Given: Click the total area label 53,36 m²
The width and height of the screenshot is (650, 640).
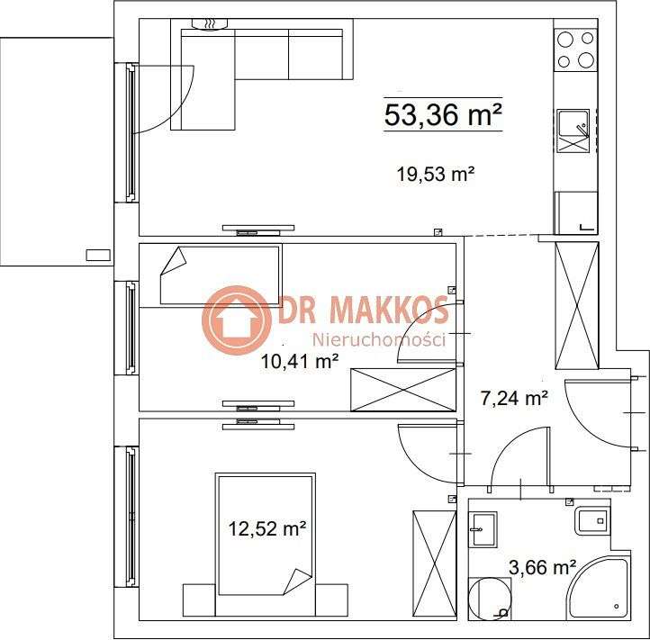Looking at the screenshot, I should coord(442,115).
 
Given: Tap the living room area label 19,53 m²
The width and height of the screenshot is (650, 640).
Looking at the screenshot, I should coord(436,175).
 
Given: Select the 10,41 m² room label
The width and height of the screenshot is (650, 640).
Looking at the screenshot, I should coord(300,362).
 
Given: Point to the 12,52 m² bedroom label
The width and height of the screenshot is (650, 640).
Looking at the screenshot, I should coord(266,529).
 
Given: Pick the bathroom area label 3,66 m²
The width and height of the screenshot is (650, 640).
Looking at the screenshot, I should coord(542,567).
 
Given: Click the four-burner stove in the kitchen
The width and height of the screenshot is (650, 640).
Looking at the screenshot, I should coord(575,50).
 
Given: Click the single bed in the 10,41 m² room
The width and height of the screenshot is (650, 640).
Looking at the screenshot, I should coord(221,275).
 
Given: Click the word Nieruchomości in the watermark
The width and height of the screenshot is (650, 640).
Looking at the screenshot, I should coord(379,339).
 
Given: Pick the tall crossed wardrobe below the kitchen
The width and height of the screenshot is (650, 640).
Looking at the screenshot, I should coord(576,305).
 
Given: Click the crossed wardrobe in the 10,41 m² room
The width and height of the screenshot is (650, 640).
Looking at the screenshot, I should coord(402,390).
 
